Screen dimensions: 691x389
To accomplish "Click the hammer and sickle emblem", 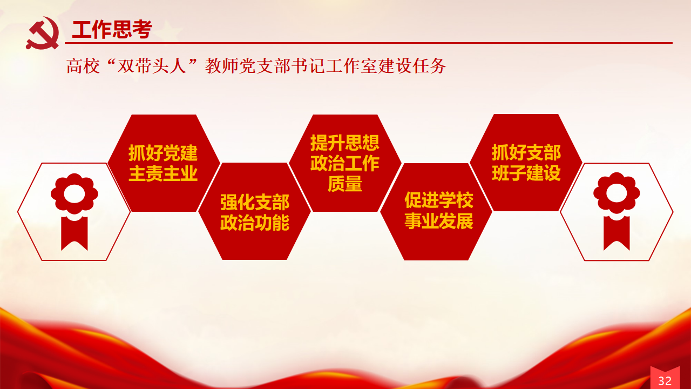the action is pyautogui.click(x=42, y=33).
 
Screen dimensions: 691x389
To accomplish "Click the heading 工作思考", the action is pyautogui.click(x=112, y=30).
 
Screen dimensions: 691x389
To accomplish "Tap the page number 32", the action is pyautogui.click(x=665, y=381).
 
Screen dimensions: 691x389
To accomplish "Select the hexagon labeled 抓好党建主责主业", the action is pyautogui.click(x=164, y=163).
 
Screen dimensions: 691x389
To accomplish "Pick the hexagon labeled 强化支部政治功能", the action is pyautogui.click(x=254, y=211).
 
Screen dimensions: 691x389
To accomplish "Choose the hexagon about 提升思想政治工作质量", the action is pyautogui.click(x=345, y=163).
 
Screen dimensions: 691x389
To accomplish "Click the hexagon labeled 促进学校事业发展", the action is pyautogui.click(x=436, y=211).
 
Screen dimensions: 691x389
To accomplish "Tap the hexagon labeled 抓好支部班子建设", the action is pyautogui.click(x=526, y=163).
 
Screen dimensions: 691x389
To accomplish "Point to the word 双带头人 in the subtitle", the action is pyautogui.click(x=152, y=66).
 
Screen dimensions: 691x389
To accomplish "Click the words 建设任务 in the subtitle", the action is pyautogui.click(x=412, y=66).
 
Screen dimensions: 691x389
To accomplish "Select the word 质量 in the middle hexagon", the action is pyautogui.click(x=345, y=184).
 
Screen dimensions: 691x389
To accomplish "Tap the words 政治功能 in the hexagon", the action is pyautogui.click(x=255, y=222).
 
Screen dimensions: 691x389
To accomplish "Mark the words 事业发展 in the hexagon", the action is pyautogui.click(x=439, y=221).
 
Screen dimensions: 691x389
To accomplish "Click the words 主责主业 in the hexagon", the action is pyautogui.click(x=163, y=173).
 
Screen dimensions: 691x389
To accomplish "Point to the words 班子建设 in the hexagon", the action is pyautogui.click(x=526, y=173).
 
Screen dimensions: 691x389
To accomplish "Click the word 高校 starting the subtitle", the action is pyautogui.click(x=83, y=66).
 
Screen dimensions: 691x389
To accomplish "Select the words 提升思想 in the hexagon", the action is pyautogui.click(x=345, y=143).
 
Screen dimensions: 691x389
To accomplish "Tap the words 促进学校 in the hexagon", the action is pyautogui.click(x=439, y=200).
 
